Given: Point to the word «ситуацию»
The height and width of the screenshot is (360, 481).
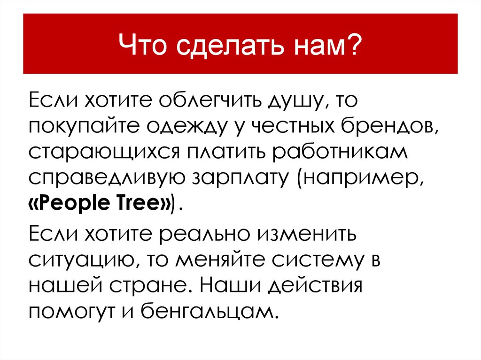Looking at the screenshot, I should click(75, 259).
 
